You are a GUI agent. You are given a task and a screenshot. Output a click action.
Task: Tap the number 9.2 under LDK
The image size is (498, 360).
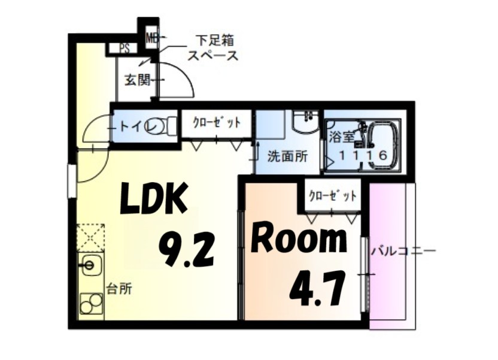(x=186, y=249)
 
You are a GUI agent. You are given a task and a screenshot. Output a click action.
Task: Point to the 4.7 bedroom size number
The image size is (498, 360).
(x=317, y=289)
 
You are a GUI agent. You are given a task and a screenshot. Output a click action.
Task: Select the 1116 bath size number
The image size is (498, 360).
(x=364, y=155)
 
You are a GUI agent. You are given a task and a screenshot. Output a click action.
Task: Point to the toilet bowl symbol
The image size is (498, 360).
(x=160, y=126)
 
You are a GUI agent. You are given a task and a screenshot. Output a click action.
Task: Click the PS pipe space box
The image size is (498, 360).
(x=124, y=49)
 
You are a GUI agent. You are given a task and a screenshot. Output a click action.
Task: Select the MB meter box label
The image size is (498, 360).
(x=151, y=38)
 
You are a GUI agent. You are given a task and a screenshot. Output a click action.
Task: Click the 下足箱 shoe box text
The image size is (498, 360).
(x=214, y=41)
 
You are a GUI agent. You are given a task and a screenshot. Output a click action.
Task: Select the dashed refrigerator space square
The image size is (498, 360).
(x=91, y=238)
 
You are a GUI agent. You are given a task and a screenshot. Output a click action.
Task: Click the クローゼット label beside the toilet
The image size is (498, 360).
(x=217, y=123)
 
